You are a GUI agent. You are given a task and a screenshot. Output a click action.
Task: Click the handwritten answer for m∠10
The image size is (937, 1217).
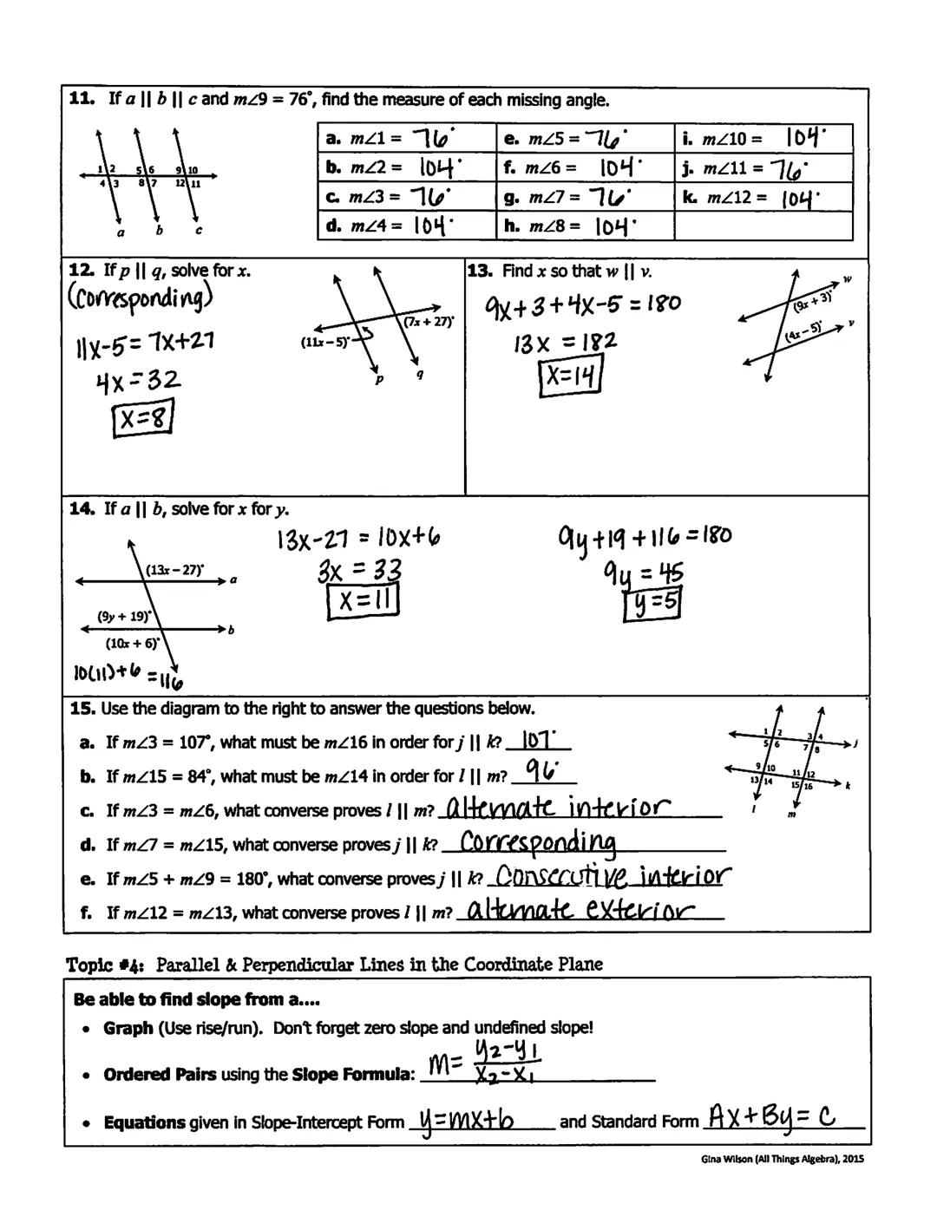(x=806, y=138)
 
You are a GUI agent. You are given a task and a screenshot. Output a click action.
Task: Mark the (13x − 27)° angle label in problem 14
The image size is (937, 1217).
(x=175, y=569)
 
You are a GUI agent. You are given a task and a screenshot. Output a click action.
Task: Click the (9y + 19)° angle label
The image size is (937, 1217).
(x=123, y=617)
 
